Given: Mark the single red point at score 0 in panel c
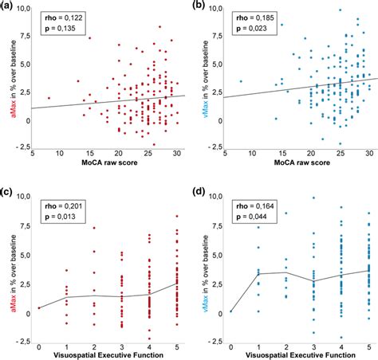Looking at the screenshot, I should [38, 307].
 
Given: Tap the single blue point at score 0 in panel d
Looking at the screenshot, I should [230, 311].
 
